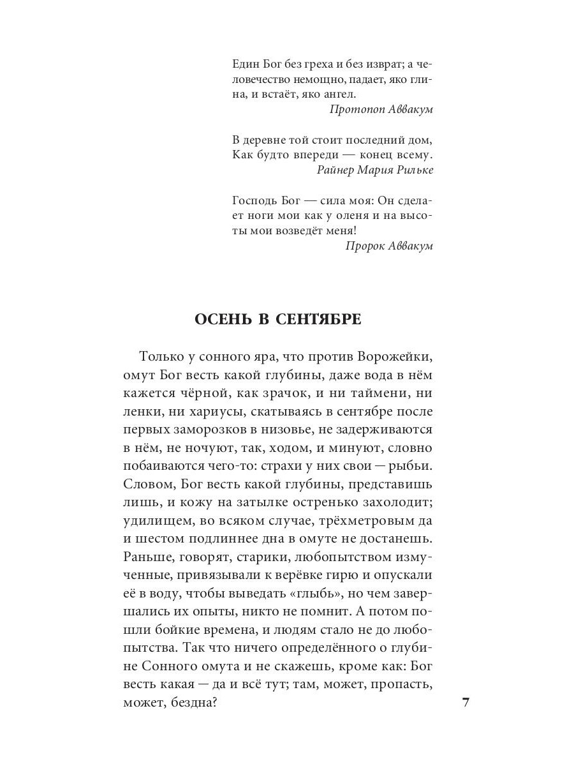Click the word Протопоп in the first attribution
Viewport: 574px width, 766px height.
coord(357,109)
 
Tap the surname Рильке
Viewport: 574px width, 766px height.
coord(413,170)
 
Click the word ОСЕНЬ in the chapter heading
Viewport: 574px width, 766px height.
coord(221,320)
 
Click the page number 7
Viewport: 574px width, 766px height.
coord(465,703)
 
